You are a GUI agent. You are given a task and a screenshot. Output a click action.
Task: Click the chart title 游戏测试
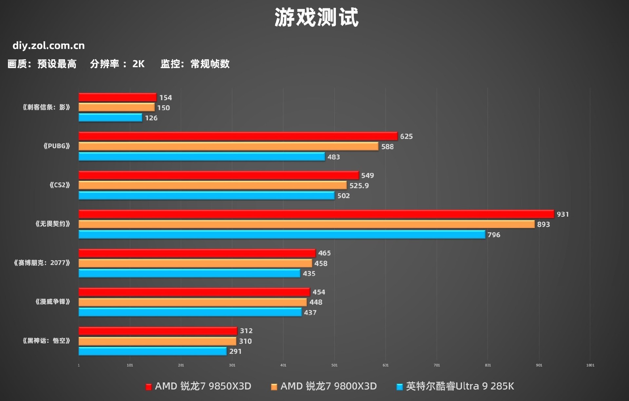(316, 18)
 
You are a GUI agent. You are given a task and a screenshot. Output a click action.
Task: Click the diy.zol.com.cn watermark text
(48, 46)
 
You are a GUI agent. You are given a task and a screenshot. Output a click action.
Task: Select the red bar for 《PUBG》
(238, 136)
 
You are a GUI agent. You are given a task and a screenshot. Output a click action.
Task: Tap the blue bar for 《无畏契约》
(282, 235)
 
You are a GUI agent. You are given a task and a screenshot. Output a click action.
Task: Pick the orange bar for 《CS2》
(212, 185)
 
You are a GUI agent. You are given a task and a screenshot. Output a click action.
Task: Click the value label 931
(562, 214)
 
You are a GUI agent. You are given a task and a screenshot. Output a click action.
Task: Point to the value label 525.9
(359, 186)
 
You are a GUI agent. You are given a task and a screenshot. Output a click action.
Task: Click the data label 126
(151, 118)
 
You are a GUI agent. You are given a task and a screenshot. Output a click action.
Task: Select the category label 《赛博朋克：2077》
(42, 263)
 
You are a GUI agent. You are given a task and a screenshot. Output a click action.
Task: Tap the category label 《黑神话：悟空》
(46, 341)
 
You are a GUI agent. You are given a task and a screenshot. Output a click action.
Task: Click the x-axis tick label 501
(334, 365)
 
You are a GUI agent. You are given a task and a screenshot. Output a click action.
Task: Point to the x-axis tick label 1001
(590, 365)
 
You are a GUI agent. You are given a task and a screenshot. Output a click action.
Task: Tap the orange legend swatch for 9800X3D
(274, 387)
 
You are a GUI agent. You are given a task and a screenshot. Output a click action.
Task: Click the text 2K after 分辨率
(138, 64)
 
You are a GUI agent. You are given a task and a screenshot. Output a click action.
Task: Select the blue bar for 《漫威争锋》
(190, 312)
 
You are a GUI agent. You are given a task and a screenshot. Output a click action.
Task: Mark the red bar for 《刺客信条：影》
(117, 97)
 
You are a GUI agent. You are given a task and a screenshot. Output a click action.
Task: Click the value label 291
(235, 352)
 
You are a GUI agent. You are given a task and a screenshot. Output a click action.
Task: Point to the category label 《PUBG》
(57, 146)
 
